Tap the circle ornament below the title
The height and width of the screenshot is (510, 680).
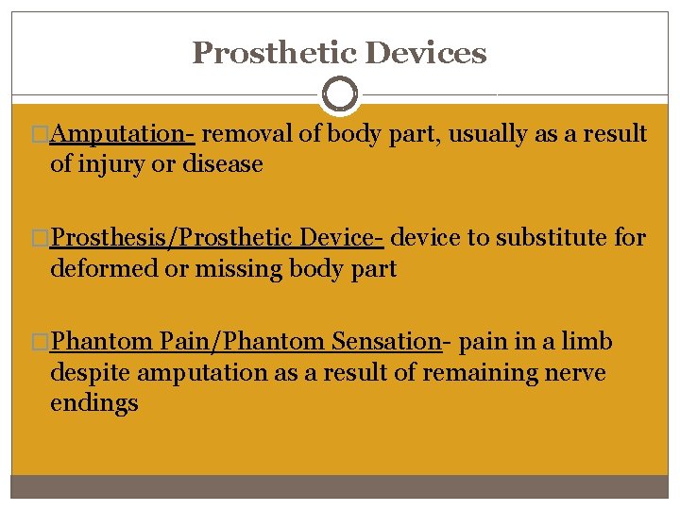pos(339,94)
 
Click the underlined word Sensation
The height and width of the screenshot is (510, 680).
pos(386,342)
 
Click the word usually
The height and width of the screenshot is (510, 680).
pos(489,134)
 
